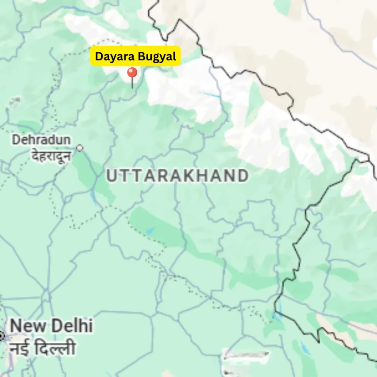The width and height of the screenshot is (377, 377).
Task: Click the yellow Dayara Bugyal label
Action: click(x=135, y=56)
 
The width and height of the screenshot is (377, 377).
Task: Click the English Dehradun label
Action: click(x=41, y=140)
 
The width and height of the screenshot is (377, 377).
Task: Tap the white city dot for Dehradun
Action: click(x=80, y=148)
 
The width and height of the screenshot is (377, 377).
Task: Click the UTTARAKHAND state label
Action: click(x=177, y=176)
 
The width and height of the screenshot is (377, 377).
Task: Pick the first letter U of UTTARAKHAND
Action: click(x=111, y=176)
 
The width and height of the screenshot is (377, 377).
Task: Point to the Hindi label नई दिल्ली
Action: click(x=43, y=348)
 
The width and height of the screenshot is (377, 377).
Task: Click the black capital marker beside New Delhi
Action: click(x=1, y=336)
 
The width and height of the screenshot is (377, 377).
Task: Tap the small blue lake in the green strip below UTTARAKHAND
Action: click(x=151, y=231)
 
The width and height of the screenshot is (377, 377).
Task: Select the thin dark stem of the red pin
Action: click(x=132, y=83)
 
